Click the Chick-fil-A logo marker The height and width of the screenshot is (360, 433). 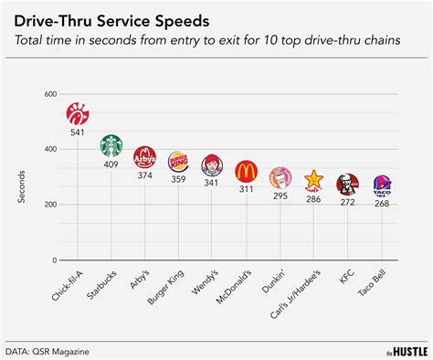pyautogui.click(x=78, y=114)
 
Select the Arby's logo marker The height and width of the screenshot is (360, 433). pyautogui.click(x=145, y=158)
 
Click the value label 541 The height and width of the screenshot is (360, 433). pyautogui.click(x=78, y=133)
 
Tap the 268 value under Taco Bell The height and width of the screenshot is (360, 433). pyautogui.click(x=382, y=204)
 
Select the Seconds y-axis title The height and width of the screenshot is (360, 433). pyautogui.click(x=24, y=174)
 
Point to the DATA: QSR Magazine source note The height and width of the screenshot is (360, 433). pyautogui.click(x=51, y=350)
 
